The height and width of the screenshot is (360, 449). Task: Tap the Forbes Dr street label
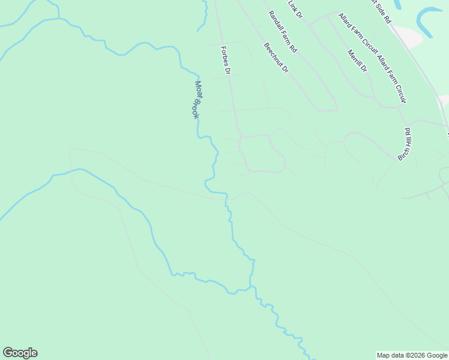click(x=226, y=61)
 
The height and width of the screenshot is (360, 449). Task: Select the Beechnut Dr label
click(x=276, y=58)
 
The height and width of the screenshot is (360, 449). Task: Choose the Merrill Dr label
click(x=357, y=60)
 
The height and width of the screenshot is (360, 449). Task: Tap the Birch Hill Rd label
click(x=404, y=144)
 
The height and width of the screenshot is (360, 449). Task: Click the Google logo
click(x=20, y=353)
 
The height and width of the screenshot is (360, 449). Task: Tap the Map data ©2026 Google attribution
click(x=412, y=355)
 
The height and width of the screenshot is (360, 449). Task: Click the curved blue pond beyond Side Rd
click(x=427, y=21)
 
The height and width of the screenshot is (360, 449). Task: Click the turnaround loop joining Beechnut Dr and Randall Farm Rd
click(x=328, y=109)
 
